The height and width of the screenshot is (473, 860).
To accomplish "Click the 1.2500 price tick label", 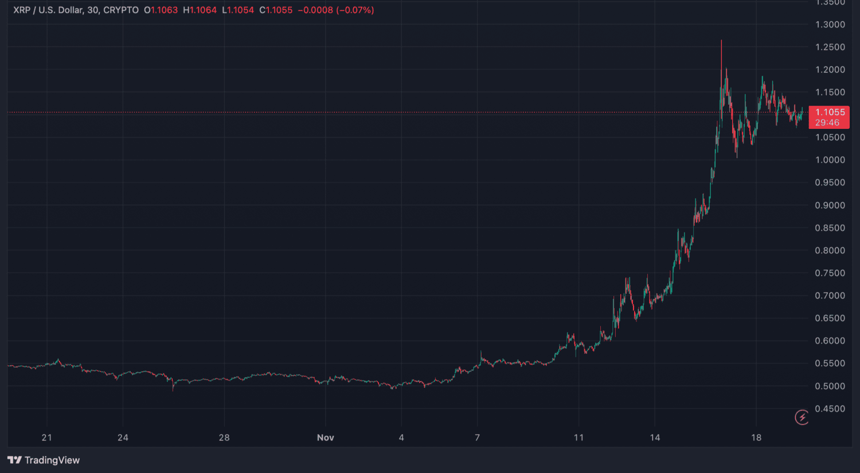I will [830, 47].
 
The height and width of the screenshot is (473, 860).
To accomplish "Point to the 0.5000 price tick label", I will [830, 386].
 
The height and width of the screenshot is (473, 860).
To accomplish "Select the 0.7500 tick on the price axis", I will [830, 273].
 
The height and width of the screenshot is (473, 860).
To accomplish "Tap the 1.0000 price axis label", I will [830, 160].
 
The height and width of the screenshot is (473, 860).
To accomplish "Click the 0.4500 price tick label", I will [830, 409].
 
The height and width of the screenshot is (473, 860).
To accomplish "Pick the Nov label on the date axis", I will [325, 437].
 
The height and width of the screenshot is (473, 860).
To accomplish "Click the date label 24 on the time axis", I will [123, 437].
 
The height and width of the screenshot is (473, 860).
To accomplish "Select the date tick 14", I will [655, 437].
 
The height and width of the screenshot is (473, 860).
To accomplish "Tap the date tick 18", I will [756, 437].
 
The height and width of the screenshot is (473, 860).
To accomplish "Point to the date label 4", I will [401, 437].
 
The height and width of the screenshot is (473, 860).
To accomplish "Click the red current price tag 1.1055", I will [830, 112].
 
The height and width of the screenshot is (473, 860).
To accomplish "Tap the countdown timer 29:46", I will [827, 123].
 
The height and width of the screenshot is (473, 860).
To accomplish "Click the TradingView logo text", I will [52, 460].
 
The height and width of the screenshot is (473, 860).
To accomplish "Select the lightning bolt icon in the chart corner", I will [802, 417].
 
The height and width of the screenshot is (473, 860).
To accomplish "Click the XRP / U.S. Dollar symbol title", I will [48, 10].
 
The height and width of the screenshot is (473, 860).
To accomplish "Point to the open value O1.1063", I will [161, 10].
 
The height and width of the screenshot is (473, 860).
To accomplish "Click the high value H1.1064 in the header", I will [200, 10].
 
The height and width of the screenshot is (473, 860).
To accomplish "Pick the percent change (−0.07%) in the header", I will [355, 10].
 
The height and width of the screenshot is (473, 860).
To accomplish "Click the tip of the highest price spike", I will [721, 41].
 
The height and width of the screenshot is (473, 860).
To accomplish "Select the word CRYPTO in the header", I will [120, 10].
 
